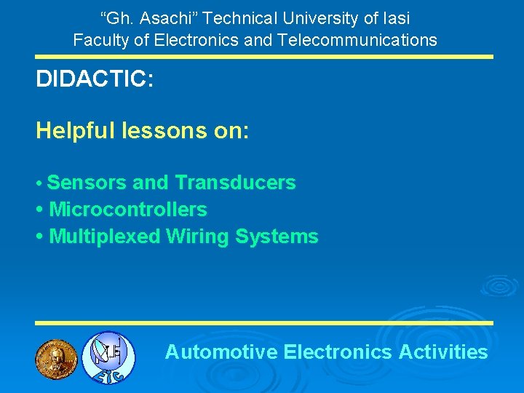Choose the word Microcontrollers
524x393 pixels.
coord(128,210)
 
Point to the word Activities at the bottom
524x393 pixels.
coord(443,352)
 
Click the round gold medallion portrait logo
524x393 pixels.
coord(56,357)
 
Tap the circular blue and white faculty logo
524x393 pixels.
coord(108,357)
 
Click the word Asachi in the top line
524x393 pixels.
coord(159,18)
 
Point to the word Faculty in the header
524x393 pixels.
coord(103,40)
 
